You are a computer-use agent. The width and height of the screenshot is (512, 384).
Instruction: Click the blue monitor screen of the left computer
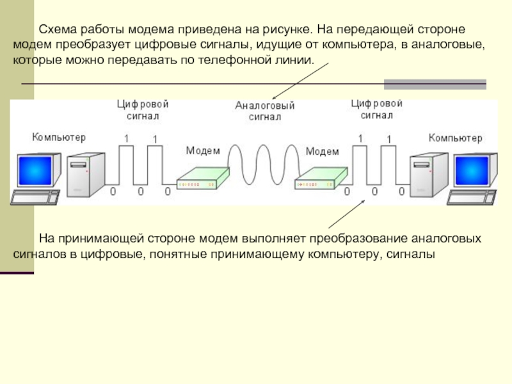pyautogui.click(x=35, y=171)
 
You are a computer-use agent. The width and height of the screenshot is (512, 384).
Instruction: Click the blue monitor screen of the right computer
pyautogui.click(x=472, y=171)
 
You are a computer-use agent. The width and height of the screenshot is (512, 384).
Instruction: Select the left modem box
pyautogui.click(x=203, y=179)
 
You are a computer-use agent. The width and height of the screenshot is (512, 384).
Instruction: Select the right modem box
pyautogui.click(x=321, y=179)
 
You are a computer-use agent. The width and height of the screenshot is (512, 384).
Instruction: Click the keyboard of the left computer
pyautogui.click(x=35, y=197)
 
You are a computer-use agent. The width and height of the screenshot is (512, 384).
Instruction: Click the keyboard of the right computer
pyautogui.click(x=472, y=197)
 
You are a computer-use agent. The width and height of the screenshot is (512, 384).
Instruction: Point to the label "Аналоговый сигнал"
pyautogui.click(x=265, y=111)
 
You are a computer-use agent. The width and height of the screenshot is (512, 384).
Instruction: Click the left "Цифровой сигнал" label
pyautogui.click(x=143, y=110)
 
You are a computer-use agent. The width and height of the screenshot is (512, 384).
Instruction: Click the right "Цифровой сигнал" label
pyautogui.click(x=376, y=109)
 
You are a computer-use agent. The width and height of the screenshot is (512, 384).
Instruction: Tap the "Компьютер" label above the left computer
pyautogui.click(x=59, y=137)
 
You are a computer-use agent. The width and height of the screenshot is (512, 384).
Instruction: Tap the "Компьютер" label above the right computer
pyautogui.click(x=455, y=138)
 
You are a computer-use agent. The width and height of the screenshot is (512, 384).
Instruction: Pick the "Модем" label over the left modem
pyautogui.click(x=203, y=150)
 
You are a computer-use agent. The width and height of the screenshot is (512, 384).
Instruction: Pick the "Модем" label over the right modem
pyautogui.click(x=323, y=152)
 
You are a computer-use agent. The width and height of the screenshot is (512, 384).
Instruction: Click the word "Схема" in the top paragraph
pyautogui.click(x=58, y=29)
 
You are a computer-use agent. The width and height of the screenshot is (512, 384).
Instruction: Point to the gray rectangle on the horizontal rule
pyautogui.click(x=435, y=84)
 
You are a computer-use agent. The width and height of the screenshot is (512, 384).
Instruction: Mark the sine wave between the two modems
pyautogui.click(x=264, y=165)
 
